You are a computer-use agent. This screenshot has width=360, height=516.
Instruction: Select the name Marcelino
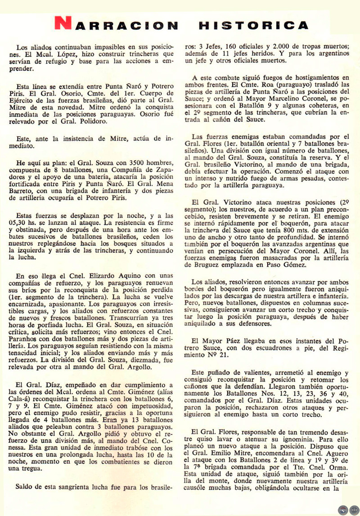click(x=308, y=100)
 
